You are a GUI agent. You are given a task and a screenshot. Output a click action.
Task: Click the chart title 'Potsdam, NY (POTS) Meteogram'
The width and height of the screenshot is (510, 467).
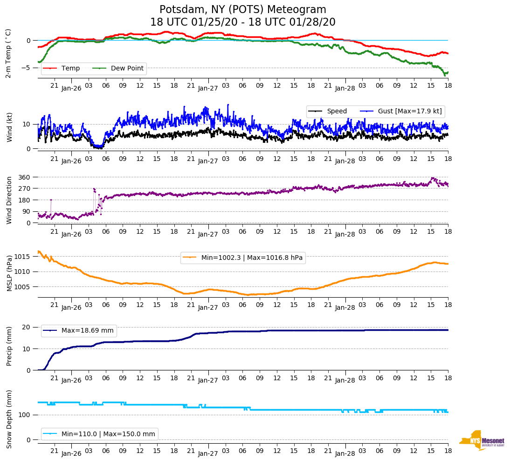click(243, 9)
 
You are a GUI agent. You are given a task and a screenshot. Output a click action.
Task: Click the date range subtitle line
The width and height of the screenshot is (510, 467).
click(243, 22)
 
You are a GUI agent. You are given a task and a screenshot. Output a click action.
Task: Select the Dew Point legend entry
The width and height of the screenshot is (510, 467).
click(127, 68)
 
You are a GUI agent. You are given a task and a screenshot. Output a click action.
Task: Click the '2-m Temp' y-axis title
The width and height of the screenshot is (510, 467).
click(8, 53)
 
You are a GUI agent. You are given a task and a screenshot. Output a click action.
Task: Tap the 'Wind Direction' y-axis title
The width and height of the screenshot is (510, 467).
click(9, 200)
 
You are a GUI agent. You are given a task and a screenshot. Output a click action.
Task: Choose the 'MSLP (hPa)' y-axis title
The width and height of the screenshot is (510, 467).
click(9, 273)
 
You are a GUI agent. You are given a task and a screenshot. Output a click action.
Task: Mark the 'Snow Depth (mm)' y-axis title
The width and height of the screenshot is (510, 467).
click(9, 419)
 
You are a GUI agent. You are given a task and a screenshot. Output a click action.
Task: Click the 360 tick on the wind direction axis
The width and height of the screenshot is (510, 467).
click(24, 177)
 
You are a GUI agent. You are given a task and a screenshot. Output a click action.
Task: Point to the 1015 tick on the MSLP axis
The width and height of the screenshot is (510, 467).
click(23, 257)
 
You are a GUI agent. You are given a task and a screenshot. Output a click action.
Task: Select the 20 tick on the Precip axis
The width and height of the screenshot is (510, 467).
click(27, 327)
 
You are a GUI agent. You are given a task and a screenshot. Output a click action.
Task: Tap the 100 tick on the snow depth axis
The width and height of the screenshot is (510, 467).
click(25, 415)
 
